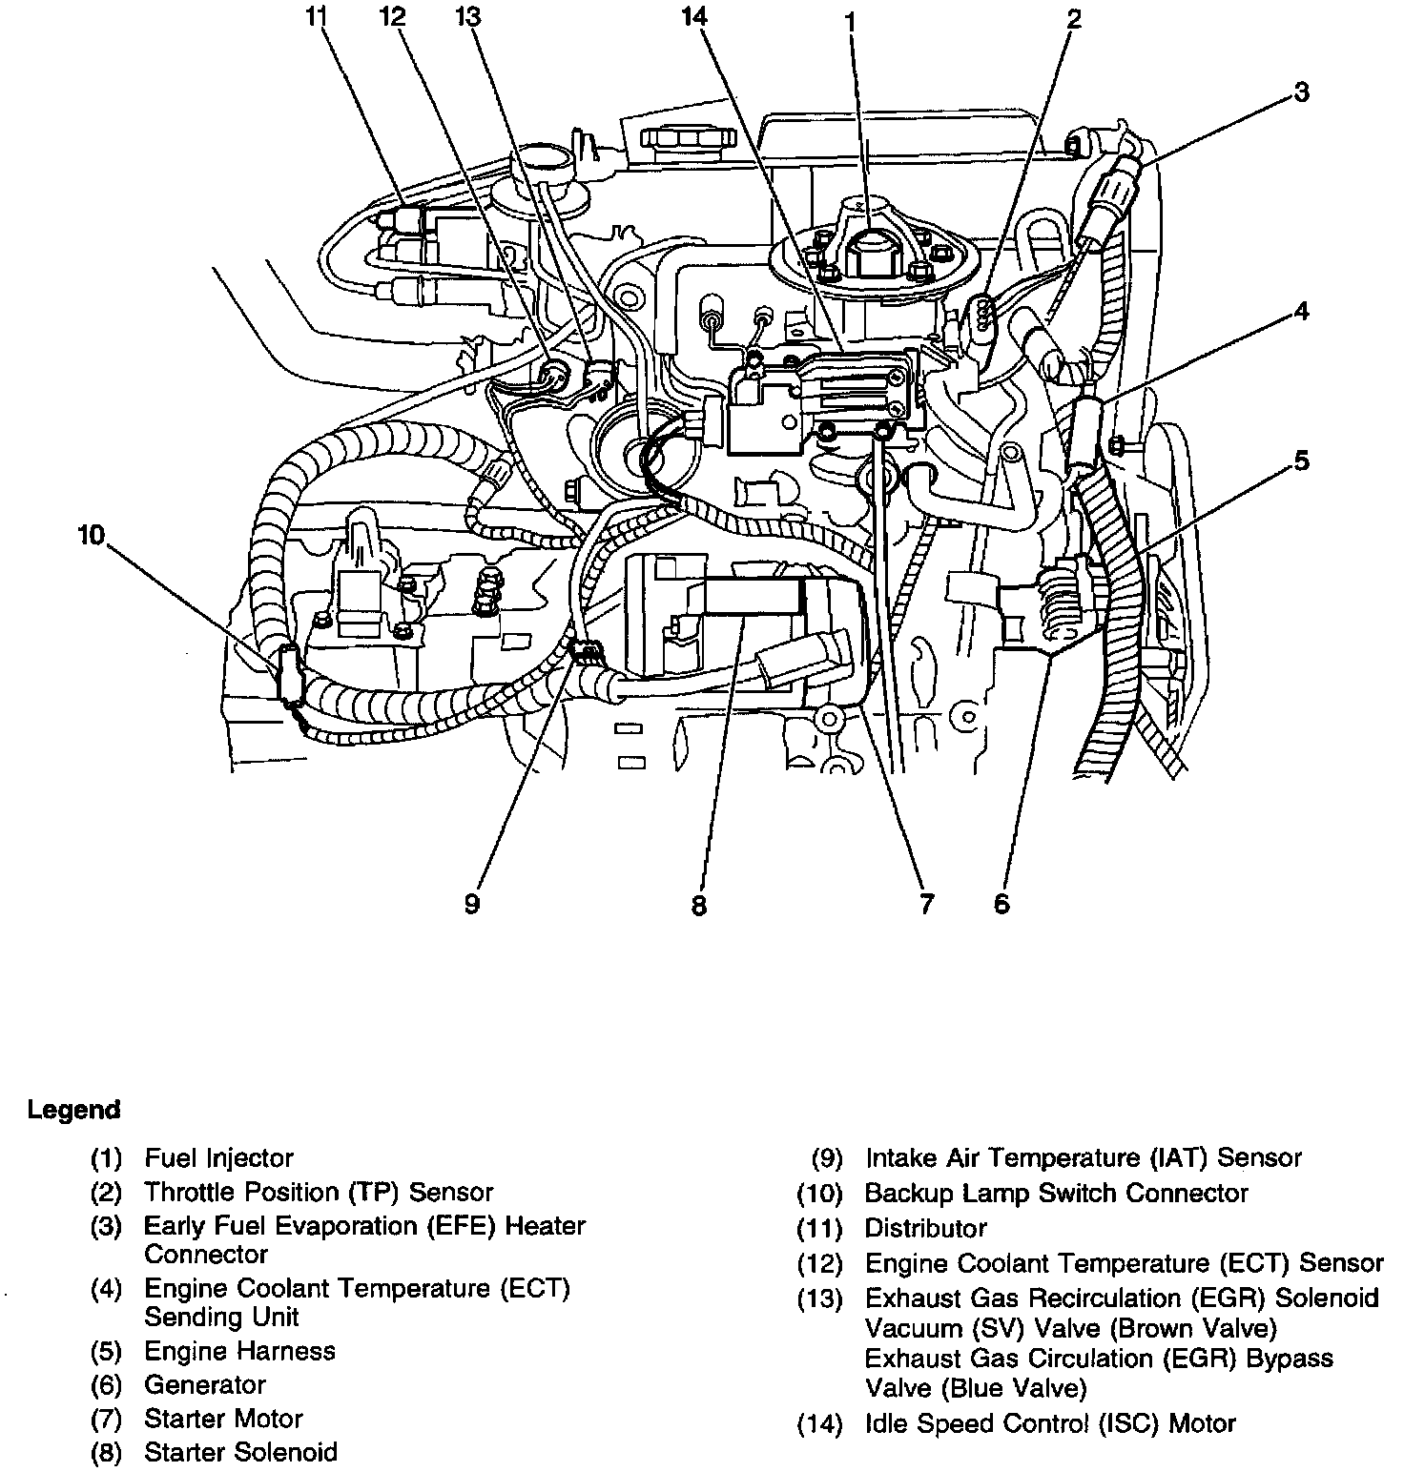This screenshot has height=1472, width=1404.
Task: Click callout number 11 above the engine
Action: click(316, 16)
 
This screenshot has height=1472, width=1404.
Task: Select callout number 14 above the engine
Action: click(696, 16)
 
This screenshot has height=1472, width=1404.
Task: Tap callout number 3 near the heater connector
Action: click(1301, 92)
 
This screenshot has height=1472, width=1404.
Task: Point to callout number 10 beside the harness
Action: click(91, 536)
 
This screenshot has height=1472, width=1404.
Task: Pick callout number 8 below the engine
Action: click(699, 905)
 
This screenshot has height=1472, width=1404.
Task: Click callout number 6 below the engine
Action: click(1001, 902)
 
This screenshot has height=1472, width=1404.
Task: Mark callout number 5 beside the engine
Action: click(1301, 461)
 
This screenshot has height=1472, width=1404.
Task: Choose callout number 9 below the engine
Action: click(472, 902)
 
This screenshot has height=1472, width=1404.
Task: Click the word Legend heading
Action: click(74, 1110)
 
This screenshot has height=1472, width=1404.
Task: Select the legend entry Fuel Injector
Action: click(218, 1158)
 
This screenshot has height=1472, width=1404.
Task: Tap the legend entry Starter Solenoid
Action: click(240, 1452)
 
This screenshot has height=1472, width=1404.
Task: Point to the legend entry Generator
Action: click(204, 1384)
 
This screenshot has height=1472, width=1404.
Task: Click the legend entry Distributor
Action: click(925, 1228)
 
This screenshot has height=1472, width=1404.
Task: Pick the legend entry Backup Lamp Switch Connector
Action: click(1056, 1193)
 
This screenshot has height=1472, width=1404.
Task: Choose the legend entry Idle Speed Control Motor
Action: click(1049, 1424)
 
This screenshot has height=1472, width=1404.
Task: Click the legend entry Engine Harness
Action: click(239, 1351)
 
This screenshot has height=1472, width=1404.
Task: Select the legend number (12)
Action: click(820, 1264)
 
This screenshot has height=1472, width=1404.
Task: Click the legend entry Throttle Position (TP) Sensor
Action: click(319, 1192)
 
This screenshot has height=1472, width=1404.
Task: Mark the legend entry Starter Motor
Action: click(223, 1419)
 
